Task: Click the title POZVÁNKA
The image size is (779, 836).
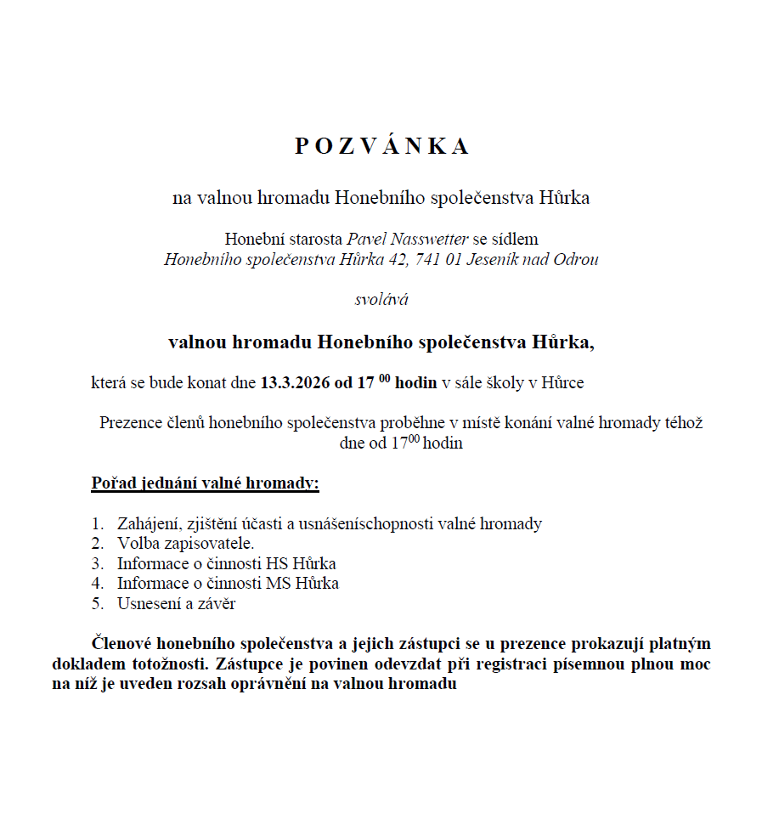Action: click(381, 146)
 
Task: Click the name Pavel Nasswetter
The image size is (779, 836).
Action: click(407, 239)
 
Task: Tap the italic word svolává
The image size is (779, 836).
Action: click(381, 299)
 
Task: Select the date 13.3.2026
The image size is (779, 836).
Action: click(295, 382)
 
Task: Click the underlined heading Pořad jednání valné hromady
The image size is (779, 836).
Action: click(205, 484)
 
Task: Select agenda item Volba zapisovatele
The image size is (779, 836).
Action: click(185, 543)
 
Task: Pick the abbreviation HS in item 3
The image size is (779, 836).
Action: click(276, 563)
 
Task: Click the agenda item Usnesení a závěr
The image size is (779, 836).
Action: click(176, 603)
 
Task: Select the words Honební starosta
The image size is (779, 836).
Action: click(284, 239)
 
